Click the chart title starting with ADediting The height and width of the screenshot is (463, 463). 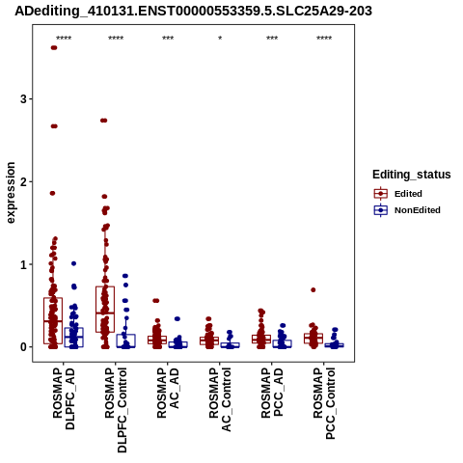click(x=193, y=11)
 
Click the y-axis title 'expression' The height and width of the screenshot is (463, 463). click(x=11, y=193)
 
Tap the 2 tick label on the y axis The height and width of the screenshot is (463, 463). click(x=23, y=181)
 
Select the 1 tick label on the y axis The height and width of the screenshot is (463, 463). click(x=23, y=264)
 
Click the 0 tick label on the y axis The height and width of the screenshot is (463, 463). click(x=23, y=347)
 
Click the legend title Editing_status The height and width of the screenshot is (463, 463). click(x=412, y=175)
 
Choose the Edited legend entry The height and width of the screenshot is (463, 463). click(x=408, y=194)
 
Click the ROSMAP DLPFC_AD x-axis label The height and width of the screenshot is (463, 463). click(x=64, y=398)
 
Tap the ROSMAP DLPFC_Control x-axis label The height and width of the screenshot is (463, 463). click(x=116, y=410)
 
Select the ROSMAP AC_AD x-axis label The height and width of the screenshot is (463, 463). click(x=168, y=393)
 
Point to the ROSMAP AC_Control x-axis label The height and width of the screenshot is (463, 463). click(x=220, y=399)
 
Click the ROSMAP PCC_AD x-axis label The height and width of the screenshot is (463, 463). click(x=272, y=394)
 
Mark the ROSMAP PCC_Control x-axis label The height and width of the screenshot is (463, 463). click(x=324, y=403)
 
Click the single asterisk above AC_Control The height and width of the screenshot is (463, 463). click(x=220, y=39)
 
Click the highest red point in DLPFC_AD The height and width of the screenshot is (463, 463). click(x=54, y=48)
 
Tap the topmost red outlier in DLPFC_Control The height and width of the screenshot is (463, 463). click(x=103, y=121)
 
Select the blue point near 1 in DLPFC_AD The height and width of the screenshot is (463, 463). click(x=73, y=263)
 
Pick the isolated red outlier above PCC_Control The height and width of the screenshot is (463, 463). click(x=313, y=290)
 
